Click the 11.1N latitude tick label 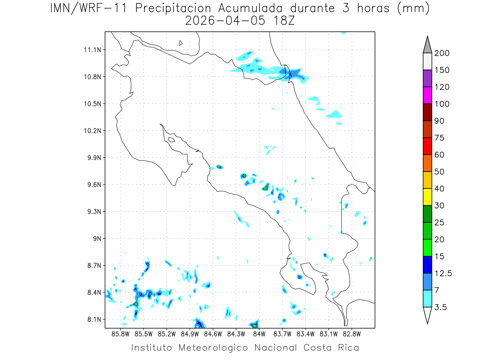click(92, 50)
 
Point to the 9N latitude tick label click(97, 238)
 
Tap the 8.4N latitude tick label click(94, 292)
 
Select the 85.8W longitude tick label click(120, 334)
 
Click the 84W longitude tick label click(259, 334)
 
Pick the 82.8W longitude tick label click(352, 334)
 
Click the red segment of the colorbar click(427, 146)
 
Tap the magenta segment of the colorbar click(427, 95)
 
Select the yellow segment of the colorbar click(427, 197)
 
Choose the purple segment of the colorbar click(427, 78)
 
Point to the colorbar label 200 click(442, 53)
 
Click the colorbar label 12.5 click(443, 274)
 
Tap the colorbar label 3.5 click(440, 307)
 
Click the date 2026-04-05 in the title click(225, 21)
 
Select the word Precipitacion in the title click(173, 8)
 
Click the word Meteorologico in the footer click(213, 348)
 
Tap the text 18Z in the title click(284, 21)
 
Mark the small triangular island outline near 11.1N click(180, 43)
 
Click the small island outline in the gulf click(172, 140)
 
